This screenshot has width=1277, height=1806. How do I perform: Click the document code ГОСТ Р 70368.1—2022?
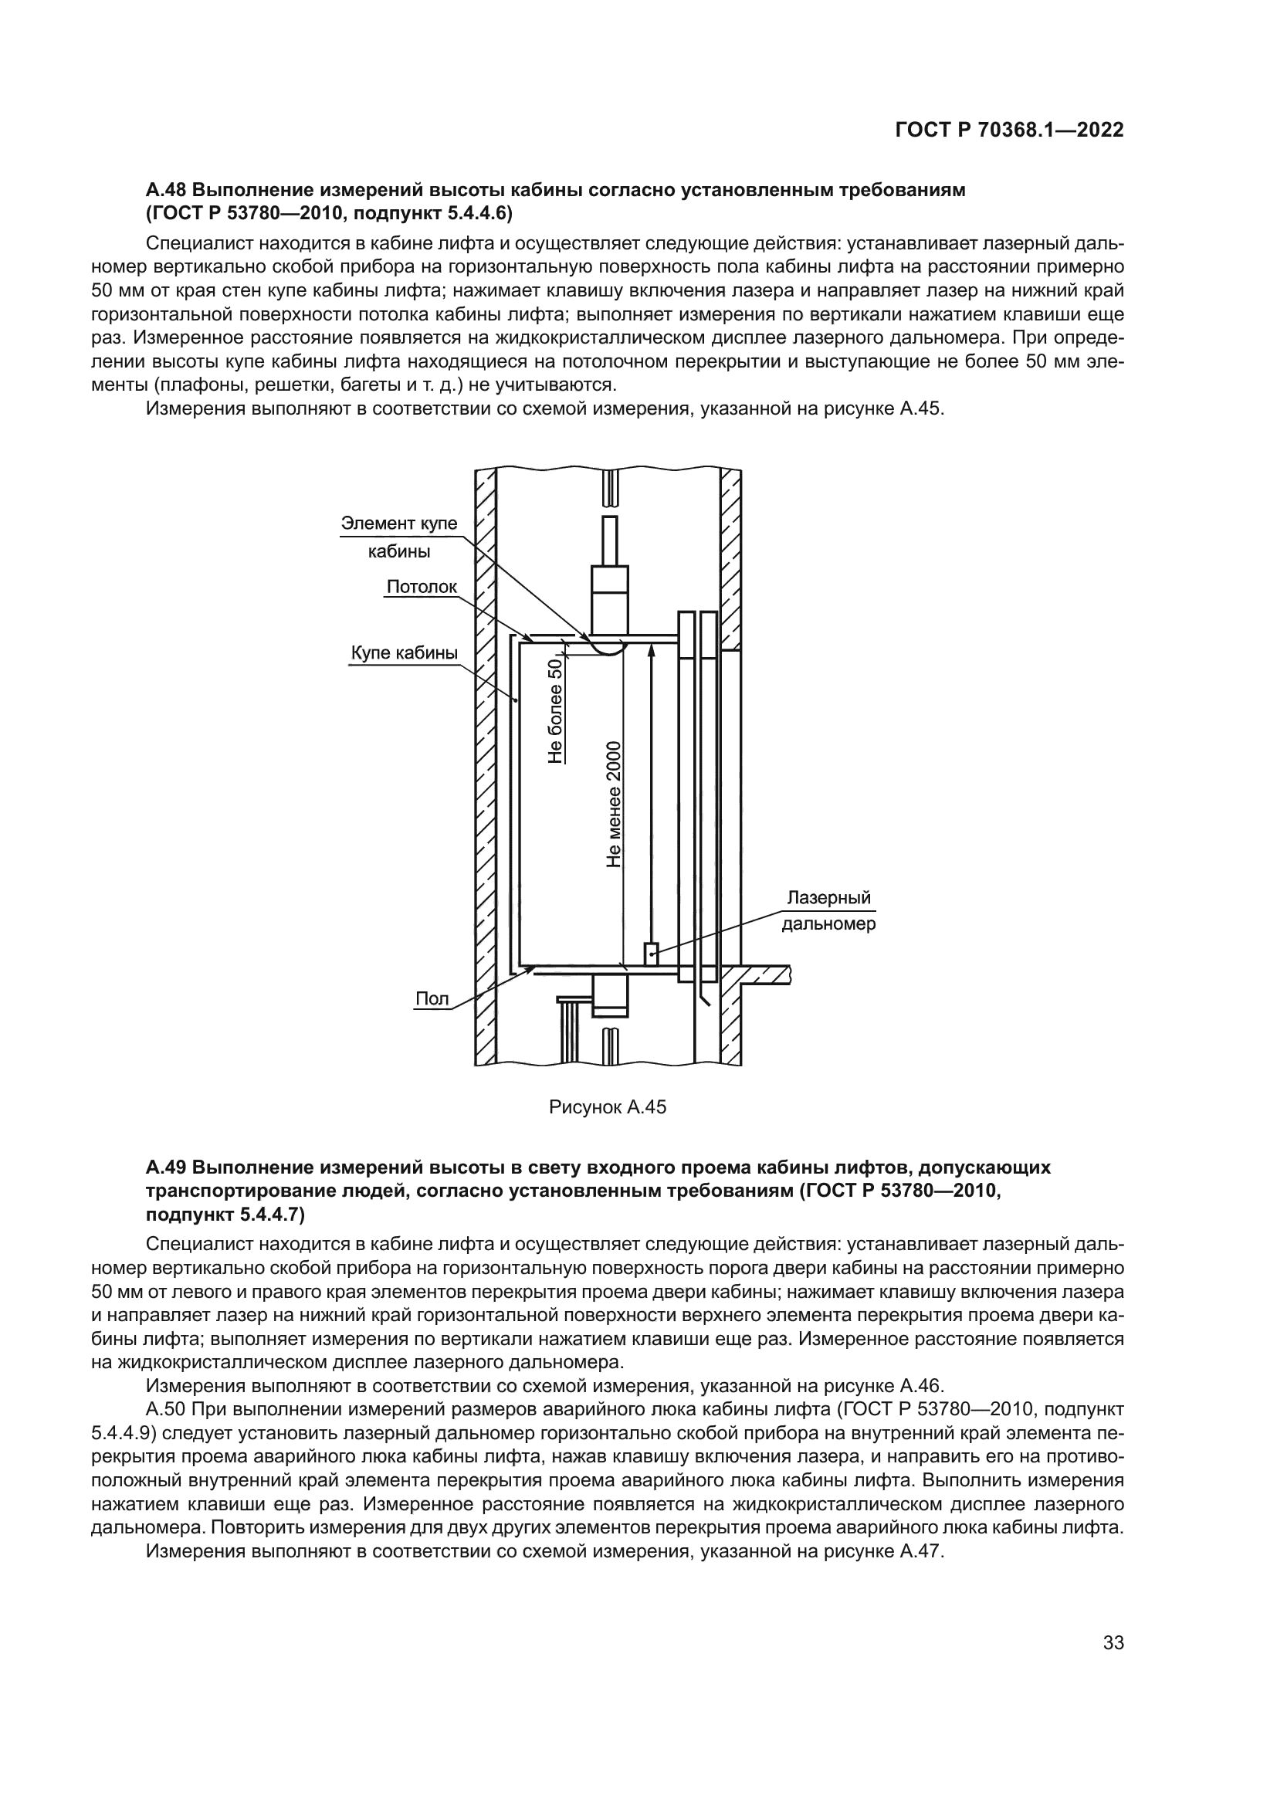click(1009, 130)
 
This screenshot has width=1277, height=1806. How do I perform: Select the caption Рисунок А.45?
click(607, 1107)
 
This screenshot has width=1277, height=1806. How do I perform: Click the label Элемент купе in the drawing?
click(398, 524)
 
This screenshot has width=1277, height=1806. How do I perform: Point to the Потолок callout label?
click(422, 587)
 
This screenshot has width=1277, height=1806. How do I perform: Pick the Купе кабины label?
click(404, 653)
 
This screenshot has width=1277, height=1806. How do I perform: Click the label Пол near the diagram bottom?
click(432, 999)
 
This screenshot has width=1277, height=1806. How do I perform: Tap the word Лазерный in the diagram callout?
click(828, 898)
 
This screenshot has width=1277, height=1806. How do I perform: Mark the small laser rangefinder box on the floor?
click(651, 954)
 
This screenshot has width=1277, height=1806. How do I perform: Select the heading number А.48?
click(166, 190)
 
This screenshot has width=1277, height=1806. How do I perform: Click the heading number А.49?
click(166, 1167)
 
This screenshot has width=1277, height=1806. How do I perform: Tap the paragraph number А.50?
click(166, 1409)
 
